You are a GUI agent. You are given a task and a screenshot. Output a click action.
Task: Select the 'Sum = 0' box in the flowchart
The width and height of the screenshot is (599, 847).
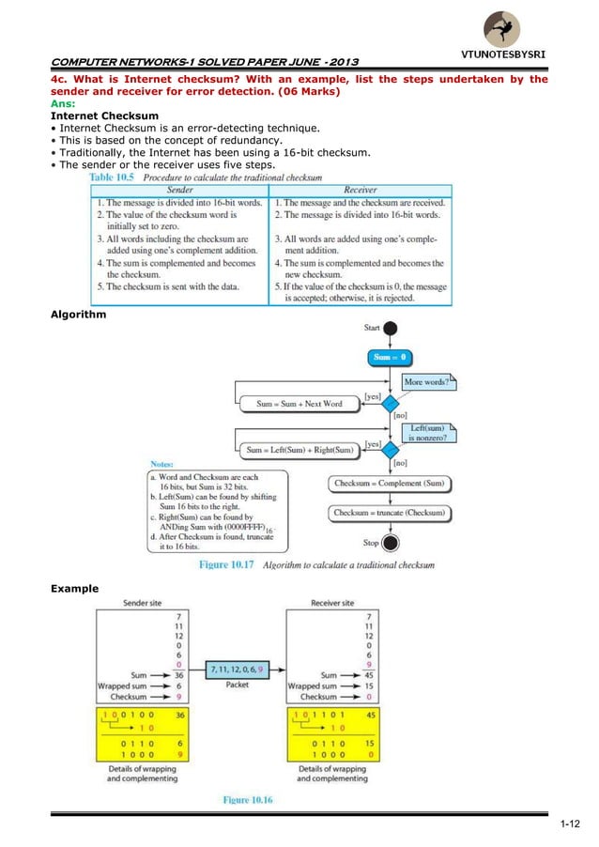tap(389, 358)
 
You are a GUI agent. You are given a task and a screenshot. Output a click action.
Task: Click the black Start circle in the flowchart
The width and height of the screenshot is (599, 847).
tap(389, 329)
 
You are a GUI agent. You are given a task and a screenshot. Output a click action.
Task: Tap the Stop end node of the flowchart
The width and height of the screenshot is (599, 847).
tap(389, 542)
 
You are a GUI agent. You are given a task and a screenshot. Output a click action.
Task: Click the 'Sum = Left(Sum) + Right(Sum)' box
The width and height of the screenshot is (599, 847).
tap(299, 450)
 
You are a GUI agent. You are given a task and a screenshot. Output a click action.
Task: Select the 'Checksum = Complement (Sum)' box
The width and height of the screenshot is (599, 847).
tap(389, 484)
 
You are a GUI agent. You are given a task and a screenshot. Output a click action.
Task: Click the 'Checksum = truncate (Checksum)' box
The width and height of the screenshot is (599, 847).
tap(389, 513)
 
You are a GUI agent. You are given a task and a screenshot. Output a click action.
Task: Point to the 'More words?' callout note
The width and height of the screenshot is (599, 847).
tap(426, 382)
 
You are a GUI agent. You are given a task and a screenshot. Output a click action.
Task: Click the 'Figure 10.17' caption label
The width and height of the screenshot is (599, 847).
tap(227, 565)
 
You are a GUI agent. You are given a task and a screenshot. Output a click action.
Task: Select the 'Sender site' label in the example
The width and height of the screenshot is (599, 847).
tap(143, 602)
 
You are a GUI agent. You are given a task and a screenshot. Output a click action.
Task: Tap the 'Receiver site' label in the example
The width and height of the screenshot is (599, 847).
tap(331, 602)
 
